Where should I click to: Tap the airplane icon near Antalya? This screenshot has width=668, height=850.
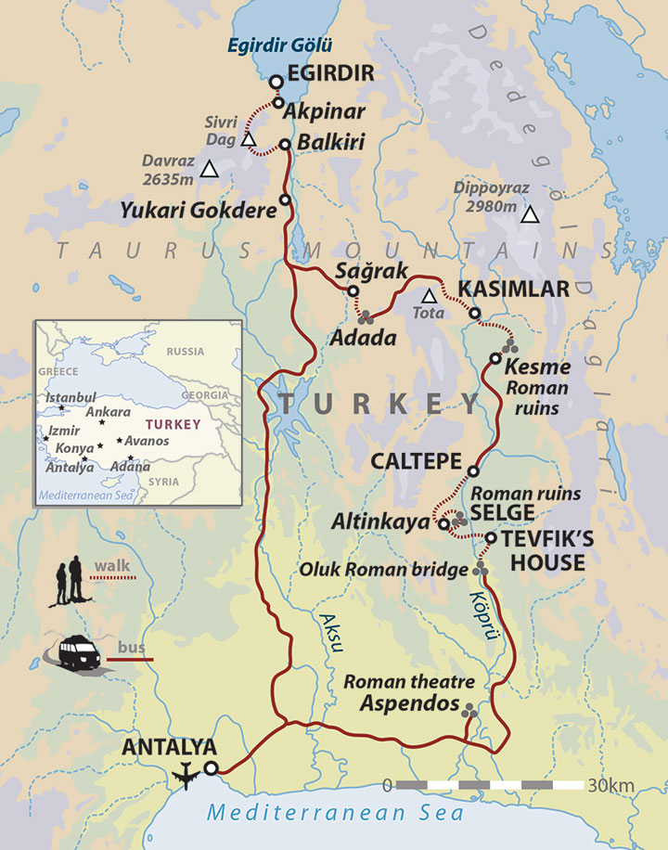[x=186, y=770]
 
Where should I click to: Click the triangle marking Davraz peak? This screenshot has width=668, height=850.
[x=211, y=169]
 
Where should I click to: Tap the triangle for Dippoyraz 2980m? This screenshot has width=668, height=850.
[x=530, y=216]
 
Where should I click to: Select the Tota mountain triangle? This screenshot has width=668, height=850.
[x=429, y=296]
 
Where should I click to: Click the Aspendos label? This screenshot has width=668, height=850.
[x=409, y=703]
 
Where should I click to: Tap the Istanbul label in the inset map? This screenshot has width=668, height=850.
[x=71, y=398]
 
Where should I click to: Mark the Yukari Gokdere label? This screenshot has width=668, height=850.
[x=199, y=211]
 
